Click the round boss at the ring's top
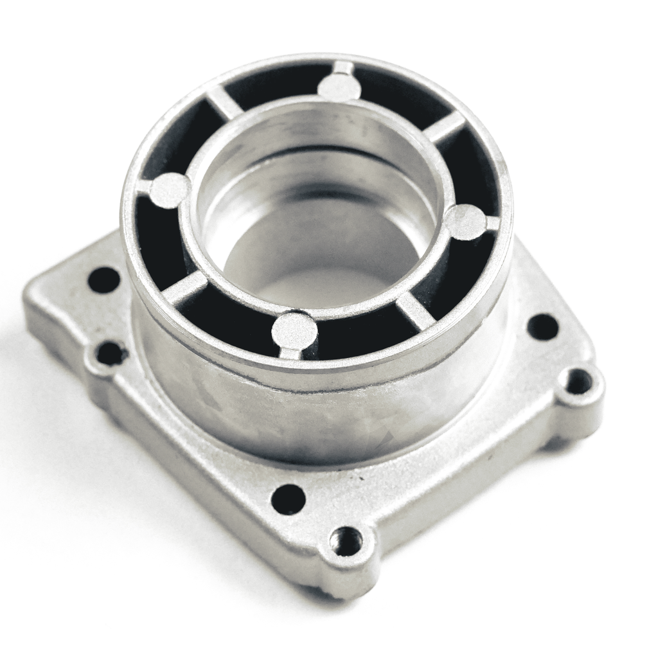coord(339,87)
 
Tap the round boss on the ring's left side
coord(169,190)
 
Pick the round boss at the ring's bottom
coord(294,330)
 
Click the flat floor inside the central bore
coord(321,270)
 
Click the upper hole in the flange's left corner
coord(104,280)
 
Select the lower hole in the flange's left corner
coord(111,353)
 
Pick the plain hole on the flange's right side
coord(543,327)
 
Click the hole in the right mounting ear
coord(579,382)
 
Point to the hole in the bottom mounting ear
coord(346,542)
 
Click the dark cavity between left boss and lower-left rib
coord(154,244)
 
